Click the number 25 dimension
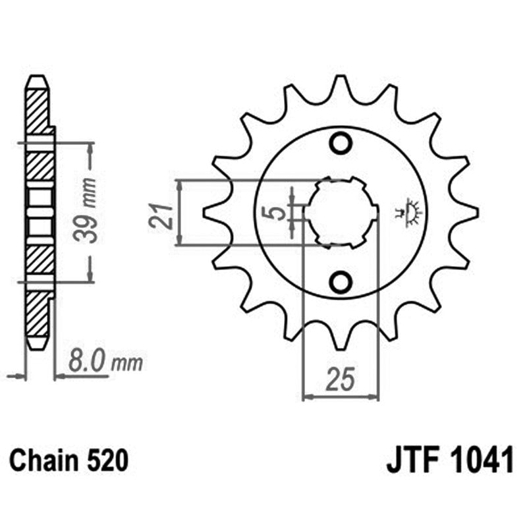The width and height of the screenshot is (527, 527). [341, 380]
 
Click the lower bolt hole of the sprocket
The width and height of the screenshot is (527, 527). [341, 283]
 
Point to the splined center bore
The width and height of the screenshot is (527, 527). [342, 212]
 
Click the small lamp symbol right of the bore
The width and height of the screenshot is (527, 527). [412, 213]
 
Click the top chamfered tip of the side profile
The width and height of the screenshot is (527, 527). [37, 82]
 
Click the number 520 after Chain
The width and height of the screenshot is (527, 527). [105, 460]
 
